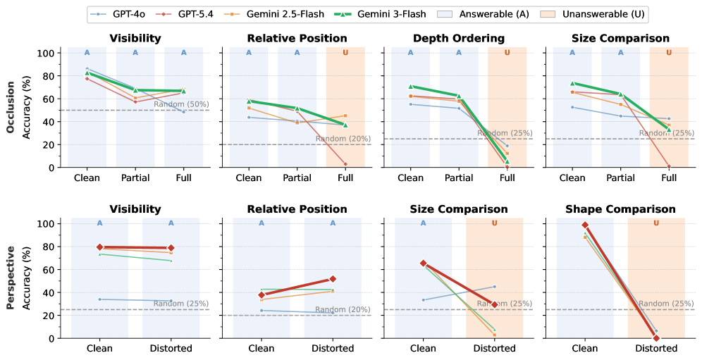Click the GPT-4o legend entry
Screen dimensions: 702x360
(x=118, y=14)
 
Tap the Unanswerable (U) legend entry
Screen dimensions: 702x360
(x=593, y=14)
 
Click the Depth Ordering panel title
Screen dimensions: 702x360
(x=459, y=39)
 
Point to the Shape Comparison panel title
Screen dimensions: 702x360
(x=620, y=209)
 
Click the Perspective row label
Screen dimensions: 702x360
(x=11, y=278)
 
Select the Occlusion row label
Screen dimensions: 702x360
(x=11, y=107)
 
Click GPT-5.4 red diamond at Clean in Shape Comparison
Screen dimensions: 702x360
(x=585, y=225)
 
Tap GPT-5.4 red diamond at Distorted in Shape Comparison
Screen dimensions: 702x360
(x=656, y=337)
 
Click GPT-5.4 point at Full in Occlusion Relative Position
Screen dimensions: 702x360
(x=345, y=164)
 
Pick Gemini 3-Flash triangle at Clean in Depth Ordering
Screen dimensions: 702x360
(x=410, y=87)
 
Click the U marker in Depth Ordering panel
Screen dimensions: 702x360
(x=507, y=53)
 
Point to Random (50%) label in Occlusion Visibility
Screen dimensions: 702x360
(x=181, y=104)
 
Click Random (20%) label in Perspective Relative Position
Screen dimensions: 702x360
(x=343, y=309)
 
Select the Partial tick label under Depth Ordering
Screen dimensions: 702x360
(x=459, y=178)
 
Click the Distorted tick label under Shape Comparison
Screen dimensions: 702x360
(x=656, y=348)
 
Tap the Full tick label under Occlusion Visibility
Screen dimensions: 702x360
(x=183, y=178)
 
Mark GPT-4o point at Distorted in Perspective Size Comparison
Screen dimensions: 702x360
(x=494, y=287)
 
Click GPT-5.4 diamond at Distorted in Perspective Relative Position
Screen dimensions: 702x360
(x=333, y=279)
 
